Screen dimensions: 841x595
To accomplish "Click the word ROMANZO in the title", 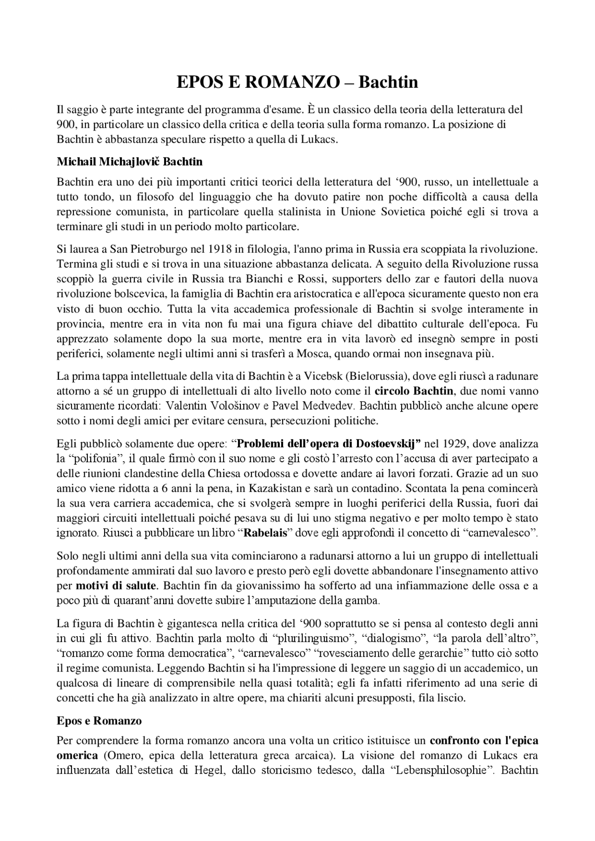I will click(291, 82).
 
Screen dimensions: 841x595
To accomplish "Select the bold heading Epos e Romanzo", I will click(99, 721).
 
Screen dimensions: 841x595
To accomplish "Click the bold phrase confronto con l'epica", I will click(483, 740).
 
